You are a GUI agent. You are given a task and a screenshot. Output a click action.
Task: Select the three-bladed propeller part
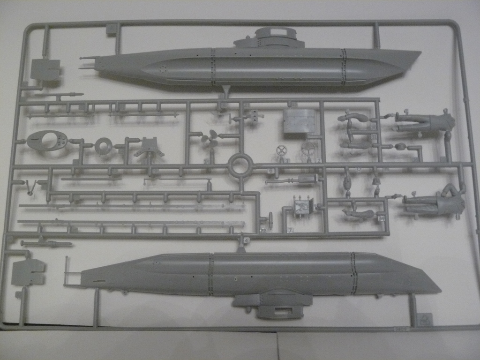pos(209,139)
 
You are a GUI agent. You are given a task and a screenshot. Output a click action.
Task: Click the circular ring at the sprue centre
pos(241,165)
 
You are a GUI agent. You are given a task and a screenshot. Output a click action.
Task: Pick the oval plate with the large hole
pos(47,140)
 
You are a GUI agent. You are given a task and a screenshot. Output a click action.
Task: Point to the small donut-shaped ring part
pos(103,146)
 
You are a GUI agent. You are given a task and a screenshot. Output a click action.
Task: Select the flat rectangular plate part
pos(301,121)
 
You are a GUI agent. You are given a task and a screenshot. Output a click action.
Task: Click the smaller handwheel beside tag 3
pos(281,151)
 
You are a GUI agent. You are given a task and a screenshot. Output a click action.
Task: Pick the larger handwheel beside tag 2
pos(308,150)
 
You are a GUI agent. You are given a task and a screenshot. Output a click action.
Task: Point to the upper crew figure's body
pos(424,122)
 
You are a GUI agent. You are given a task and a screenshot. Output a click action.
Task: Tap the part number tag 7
pos(291,230)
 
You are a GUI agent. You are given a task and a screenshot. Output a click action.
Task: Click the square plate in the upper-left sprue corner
pos(45,69)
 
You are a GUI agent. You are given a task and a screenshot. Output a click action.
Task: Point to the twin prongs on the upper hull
pos(87,62)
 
